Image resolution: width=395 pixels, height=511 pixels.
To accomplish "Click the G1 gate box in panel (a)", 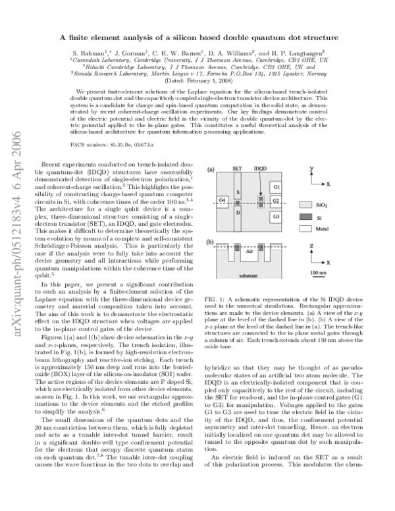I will point(276,188).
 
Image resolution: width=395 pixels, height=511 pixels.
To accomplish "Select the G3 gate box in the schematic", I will point(276,216).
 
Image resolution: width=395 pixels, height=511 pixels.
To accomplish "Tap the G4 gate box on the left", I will point(223,200).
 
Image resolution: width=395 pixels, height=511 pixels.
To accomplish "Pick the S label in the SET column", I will point(238,191).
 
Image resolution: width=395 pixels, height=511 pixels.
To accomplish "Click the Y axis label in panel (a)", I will point(311,169).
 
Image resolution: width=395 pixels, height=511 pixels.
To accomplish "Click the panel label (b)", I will point(211,243).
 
